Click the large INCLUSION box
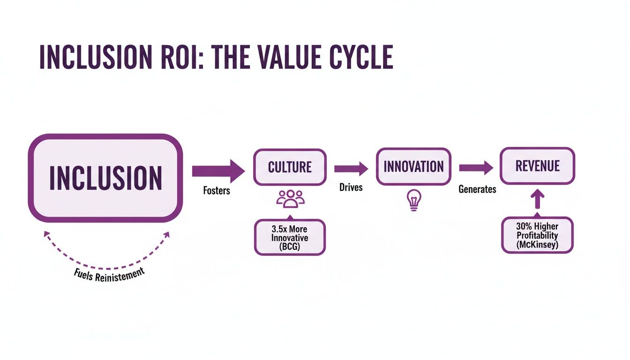coord(105,178)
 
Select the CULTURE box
coord(290,167)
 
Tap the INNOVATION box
coord(413,166)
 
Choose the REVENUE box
coord(537,166)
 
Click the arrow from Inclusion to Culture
coord(218,170)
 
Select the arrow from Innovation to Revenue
coord(476,168)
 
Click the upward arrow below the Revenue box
coord(537,201)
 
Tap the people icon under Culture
coord(290,199)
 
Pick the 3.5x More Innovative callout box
coord(290,237)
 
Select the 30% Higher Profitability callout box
coord(537,235)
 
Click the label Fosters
coord(217,191)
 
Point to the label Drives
coord(351,187)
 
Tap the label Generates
coord(477,189)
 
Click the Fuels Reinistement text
coord(109,274)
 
